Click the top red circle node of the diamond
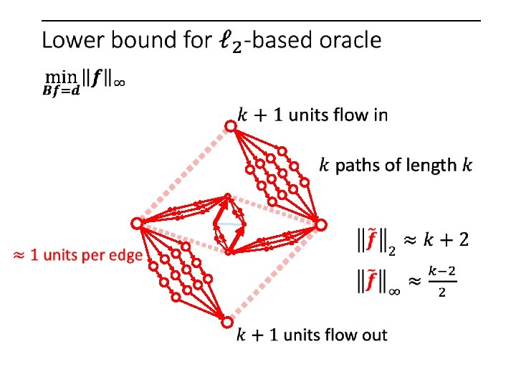tap(230, 127)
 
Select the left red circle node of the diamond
tap(135, 224)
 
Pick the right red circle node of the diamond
tap(322, 224)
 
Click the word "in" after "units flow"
tap(378, 115)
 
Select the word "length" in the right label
tap(432, 166)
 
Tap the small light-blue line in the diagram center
tap(229, 224)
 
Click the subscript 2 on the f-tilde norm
tap(391, 249)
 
